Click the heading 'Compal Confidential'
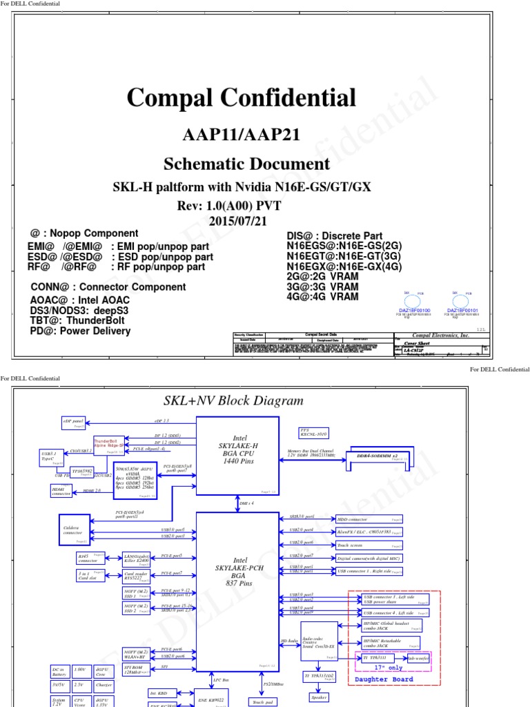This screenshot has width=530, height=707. click(x=241, y=97)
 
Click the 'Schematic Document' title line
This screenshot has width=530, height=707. click(x=246, y=164)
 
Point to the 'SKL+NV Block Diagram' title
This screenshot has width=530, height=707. click(x=233, y=400)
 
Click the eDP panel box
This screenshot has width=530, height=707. click(x=73, y=421)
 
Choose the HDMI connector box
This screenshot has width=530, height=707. click(x=61, y=491)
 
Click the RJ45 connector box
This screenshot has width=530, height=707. click(x=88, y=558)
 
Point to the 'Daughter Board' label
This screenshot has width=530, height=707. click(x=384, y=679)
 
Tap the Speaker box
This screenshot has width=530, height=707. click(x=318, y=697)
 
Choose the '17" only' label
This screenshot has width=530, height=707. click(x=389, y=668)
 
